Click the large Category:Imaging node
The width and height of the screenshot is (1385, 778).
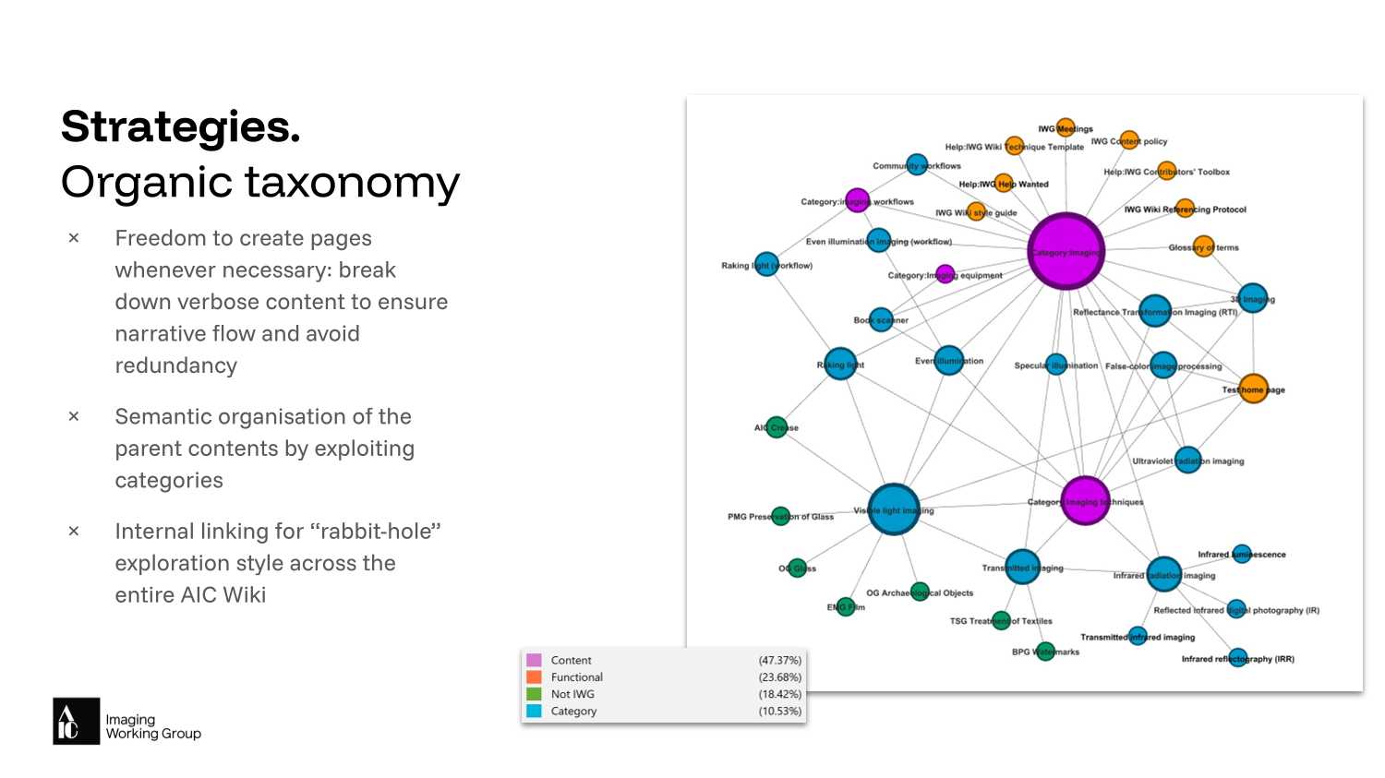(1066, 251)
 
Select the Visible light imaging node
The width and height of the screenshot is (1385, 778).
(893, 509)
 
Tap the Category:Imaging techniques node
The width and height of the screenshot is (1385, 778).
(1085, 501)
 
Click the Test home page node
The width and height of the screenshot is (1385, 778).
(1253, 389)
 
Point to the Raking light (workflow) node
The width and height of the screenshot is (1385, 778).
(766, 265)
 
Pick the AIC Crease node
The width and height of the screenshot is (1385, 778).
(777, 427)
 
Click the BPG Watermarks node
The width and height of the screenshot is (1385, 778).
(1045, 652)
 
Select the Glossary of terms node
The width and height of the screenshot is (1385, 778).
(1203, 246)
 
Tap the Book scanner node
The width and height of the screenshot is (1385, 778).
(882, 319)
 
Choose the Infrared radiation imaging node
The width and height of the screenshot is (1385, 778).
(1163, 574)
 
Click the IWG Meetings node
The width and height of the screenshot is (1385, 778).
(1066, 128)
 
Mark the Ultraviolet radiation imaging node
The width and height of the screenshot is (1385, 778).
(1187, 460)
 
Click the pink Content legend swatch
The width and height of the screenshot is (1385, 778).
(534, 660)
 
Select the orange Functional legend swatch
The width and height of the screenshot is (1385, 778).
(534, 676)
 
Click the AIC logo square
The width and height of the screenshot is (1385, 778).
(76, 721)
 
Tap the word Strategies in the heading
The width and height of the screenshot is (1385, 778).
(180, 126)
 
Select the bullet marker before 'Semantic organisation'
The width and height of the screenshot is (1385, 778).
(74, 417)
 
